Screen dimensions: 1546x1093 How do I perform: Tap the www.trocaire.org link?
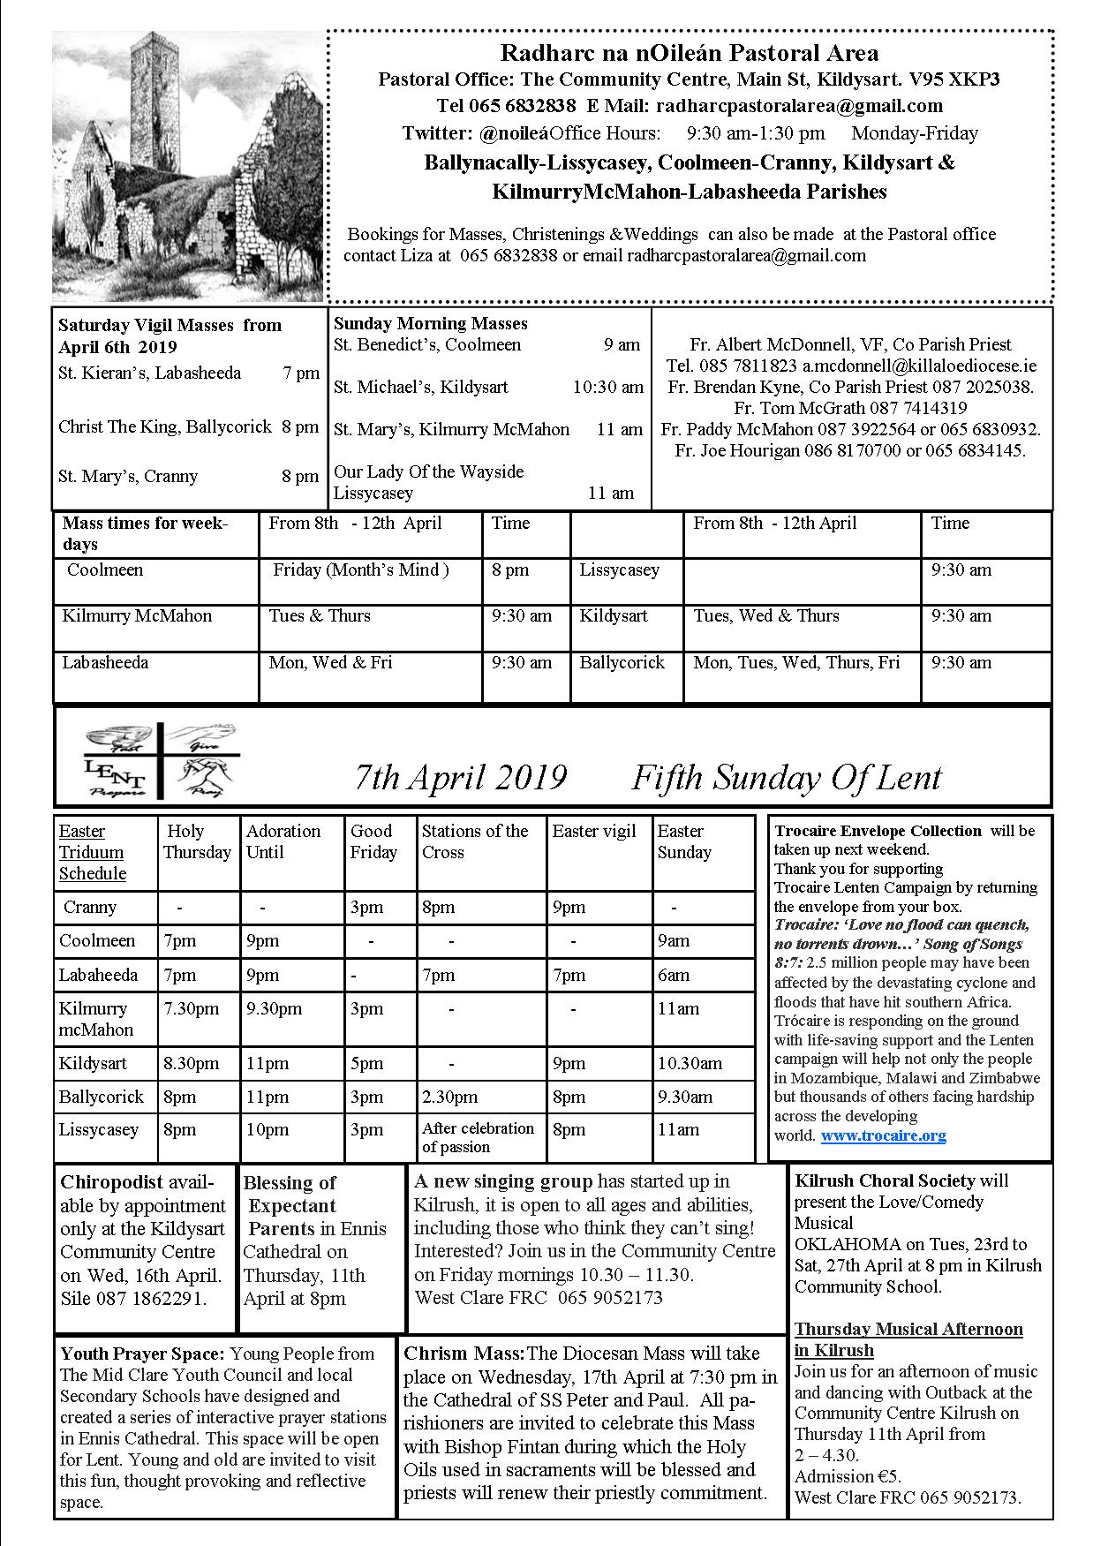coord(883,1135)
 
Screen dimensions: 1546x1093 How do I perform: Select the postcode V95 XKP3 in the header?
coord(957,79)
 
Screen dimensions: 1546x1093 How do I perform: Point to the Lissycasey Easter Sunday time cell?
coord(678,1129)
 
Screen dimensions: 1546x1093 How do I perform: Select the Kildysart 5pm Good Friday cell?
coord(366,1063)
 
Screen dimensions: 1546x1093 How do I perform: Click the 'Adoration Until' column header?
coord(283,841)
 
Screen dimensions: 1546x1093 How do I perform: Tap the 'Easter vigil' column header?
coord(594,831)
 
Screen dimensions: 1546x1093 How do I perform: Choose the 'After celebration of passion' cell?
coord(478,1137)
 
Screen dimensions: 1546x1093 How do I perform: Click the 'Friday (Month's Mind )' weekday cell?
coord(361,569)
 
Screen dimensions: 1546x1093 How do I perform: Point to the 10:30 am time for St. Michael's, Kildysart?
coord(607,387)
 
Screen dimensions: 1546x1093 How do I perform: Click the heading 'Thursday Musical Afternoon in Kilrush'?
coord(908,1339)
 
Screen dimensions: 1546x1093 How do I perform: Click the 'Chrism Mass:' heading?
coord(464,1354)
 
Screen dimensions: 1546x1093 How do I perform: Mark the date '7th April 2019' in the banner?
coord(460,777)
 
